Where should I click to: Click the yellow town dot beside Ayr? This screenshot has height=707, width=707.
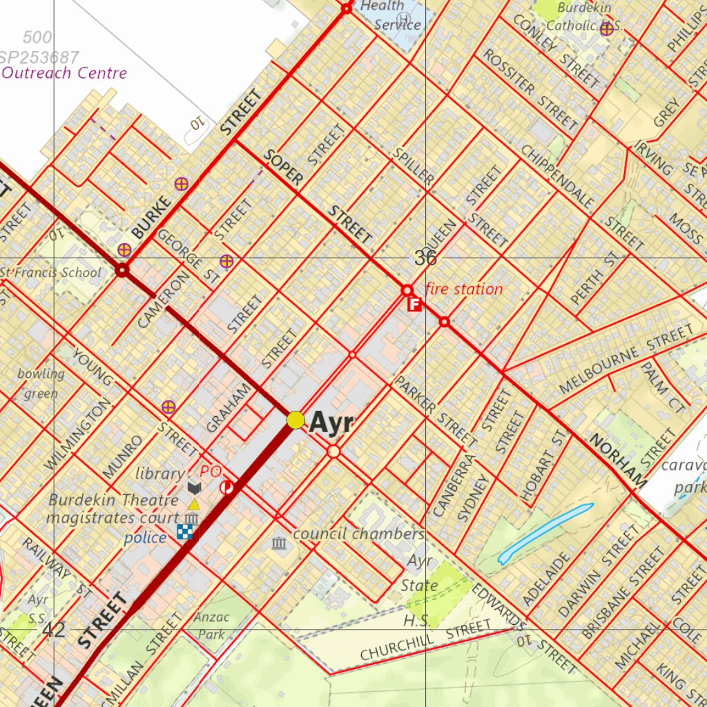click(x=296, y=420)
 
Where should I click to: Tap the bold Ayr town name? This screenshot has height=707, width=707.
click(x=331, y=423)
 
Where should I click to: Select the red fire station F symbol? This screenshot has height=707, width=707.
click(x=414, y=304)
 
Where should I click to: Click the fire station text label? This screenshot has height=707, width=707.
click(x=463, y=289)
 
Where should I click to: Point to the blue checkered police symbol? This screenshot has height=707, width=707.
click(x=185, y=531)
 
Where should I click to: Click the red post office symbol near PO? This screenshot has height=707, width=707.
click(x=226, y=488)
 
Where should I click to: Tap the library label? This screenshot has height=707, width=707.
click(x=159, y=474)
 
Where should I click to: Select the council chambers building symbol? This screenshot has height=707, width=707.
click(x=280, y=544)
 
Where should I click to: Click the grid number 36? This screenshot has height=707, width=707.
click(x=425, y=258)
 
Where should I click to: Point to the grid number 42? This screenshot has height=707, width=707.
click(x=53, y=630)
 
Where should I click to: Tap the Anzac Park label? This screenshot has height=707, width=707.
click(x=211, y=626)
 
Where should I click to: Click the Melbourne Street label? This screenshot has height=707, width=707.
click(x=625, y=362)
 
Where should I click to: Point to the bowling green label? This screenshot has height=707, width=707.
click(x=41, y=384)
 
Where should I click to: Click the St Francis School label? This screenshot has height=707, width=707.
click(x=50, y=272)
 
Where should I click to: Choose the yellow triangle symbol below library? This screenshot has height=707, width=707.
click(x=194, y=504)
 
